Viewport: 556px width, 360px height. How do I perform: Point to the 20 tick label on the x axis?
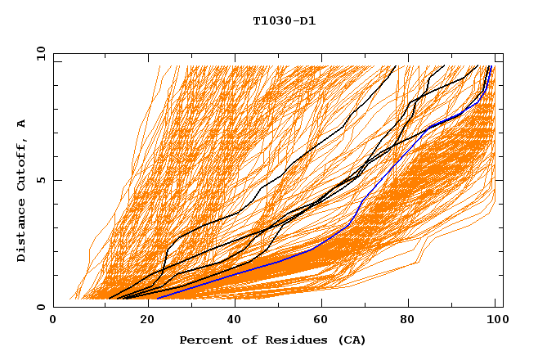pyautogui.click(x=142, y=321)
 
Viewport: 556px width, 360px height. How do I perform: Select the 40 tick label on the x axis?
pyautogui.click(x=231, y=321)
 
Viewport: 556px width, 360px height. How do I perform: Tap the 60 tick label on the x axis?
pyautogui.click(x=321, y=321)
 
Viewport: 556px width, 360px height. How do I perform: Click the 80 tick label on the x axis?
pyautogui.click(x=409, y=321)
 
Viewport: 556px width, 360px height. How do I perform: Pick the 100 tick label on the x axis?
pyautogui.click(x=495, y=321)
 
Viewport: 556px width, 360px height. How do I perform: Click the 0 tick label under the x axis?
pyautogui.click(x=53, y=321)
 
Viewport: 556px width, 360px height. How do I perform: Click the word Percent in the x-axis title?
pyautogui.click(x=204, y=340)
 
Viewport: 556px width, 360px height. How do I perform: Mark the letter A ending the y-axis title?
pyautogui.click(x=22, y=124)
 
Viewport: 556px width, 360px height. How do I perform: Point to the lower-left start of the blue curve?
pyautogui.click(x=157, y=299)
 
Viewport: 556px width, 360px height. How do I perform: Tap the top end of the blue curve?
pyautogui.click(x=490, y=66)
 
